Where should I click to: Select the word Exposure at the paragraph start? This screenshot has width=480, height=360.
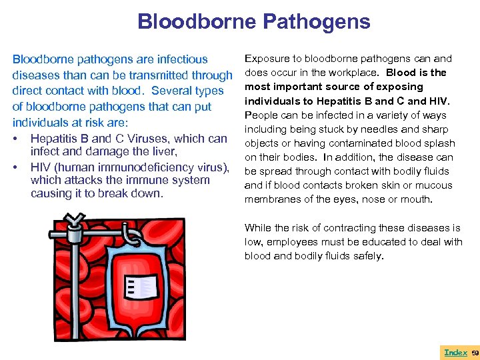[x=268, y=59]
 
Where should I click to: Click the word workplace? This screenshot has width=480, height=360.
[x=373, y=73]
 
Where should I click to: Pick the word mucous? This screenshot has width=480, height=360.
[x=433, y=185]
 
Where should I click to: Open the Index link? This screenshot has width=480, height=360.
[x=455, y=352]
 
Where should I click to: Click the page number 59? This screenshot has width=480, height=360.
[x=475, y=352]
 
